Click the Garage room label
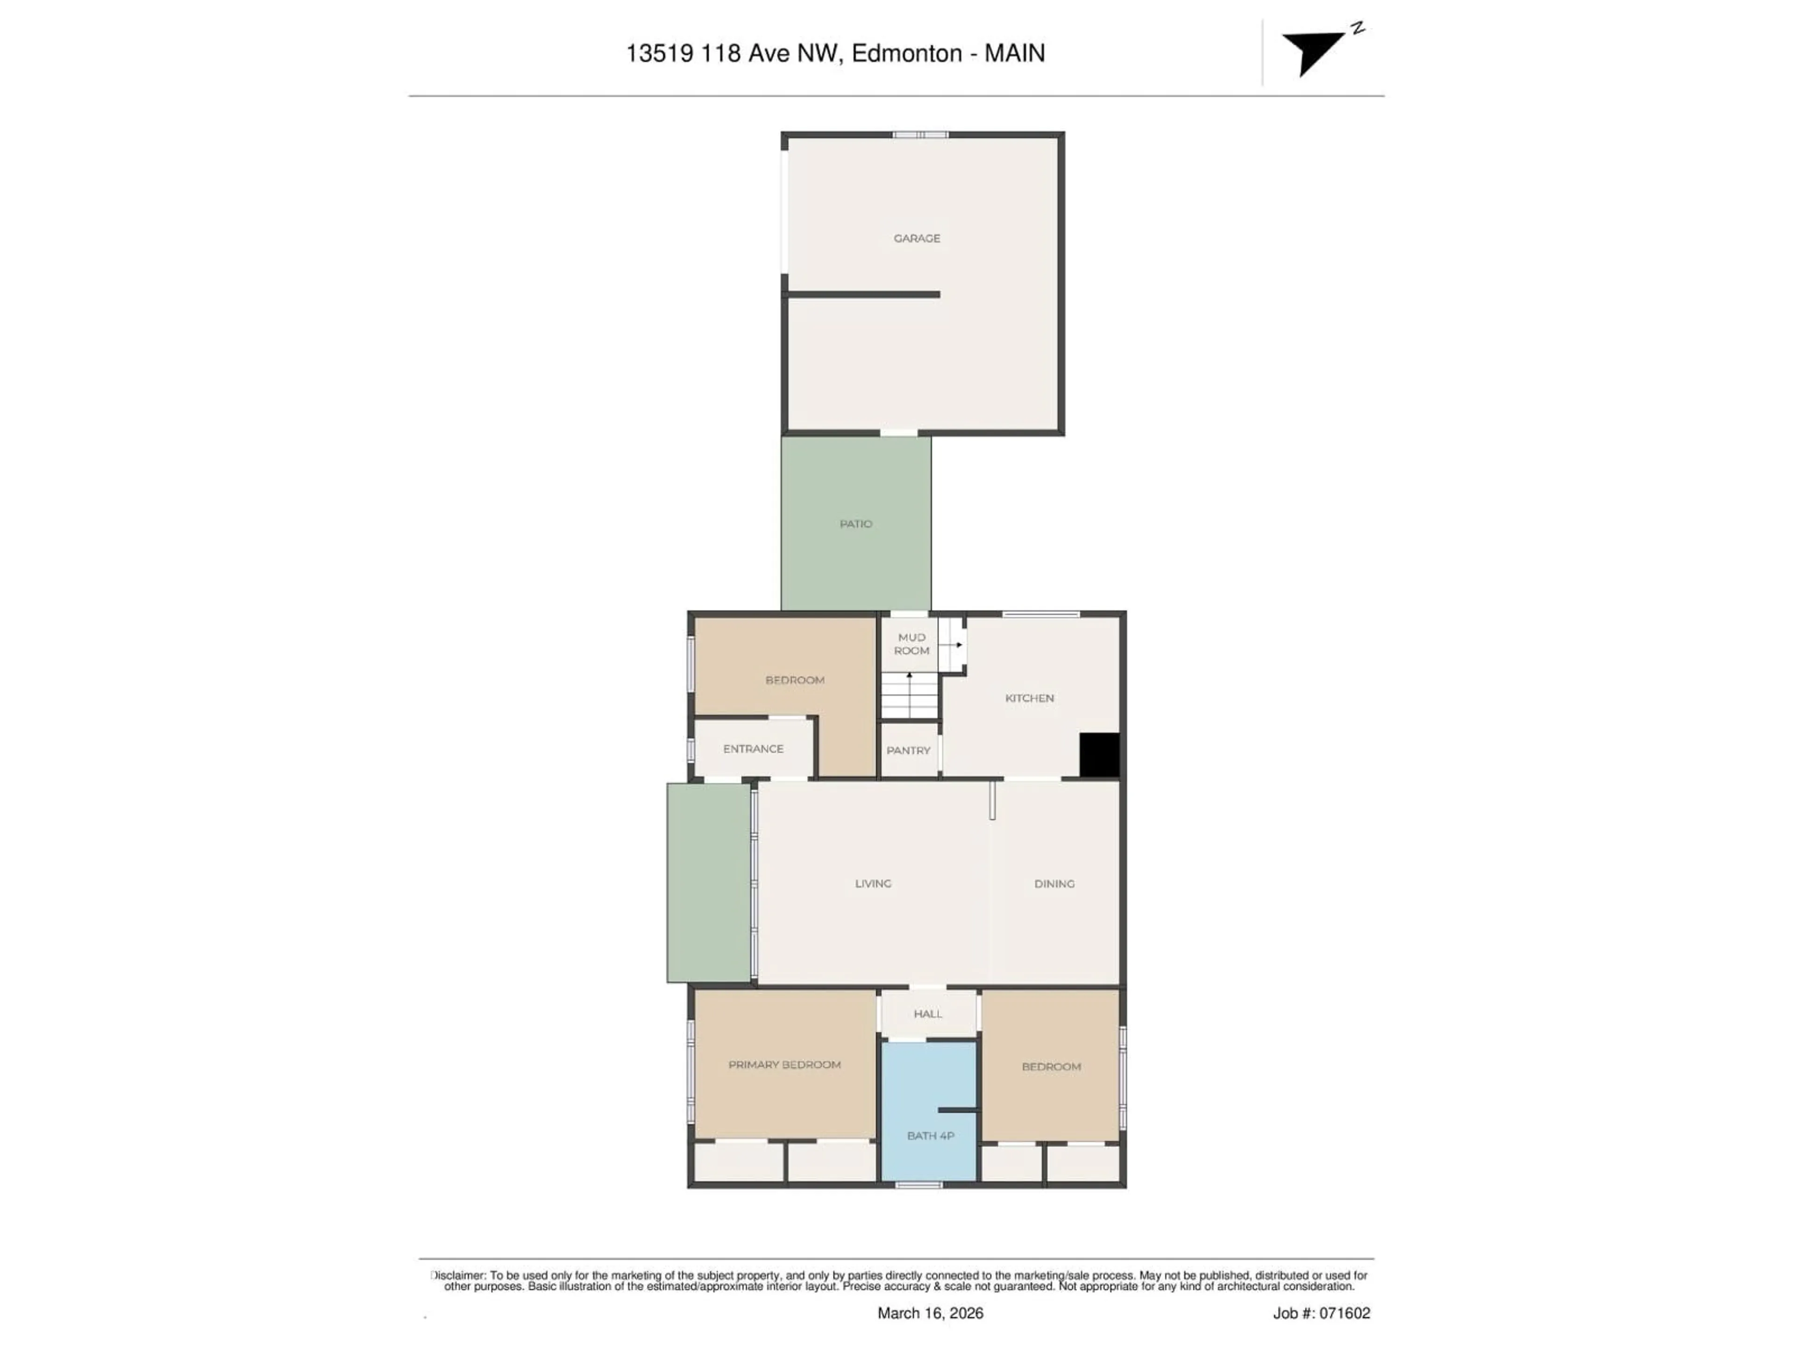pyautogui.click(x=917, y=238)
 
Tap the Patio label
pyautogui.click(x=855, y=524)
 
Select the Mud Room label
pyautogui.click(x=911, y=644)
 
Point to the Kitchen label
pyautogui.click(x=1029, y=698)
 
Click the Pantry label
pyautogui.click(x=908, y=751)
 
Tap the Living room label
pyautogui.click(x=873, y=883)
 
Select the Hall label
pyautogui.click(x=928, y=1014)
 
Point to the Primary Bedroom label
pyautogui.click(x=784, y=1065)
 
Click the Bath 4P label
pyautogui.click(x=930, y=1136)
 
